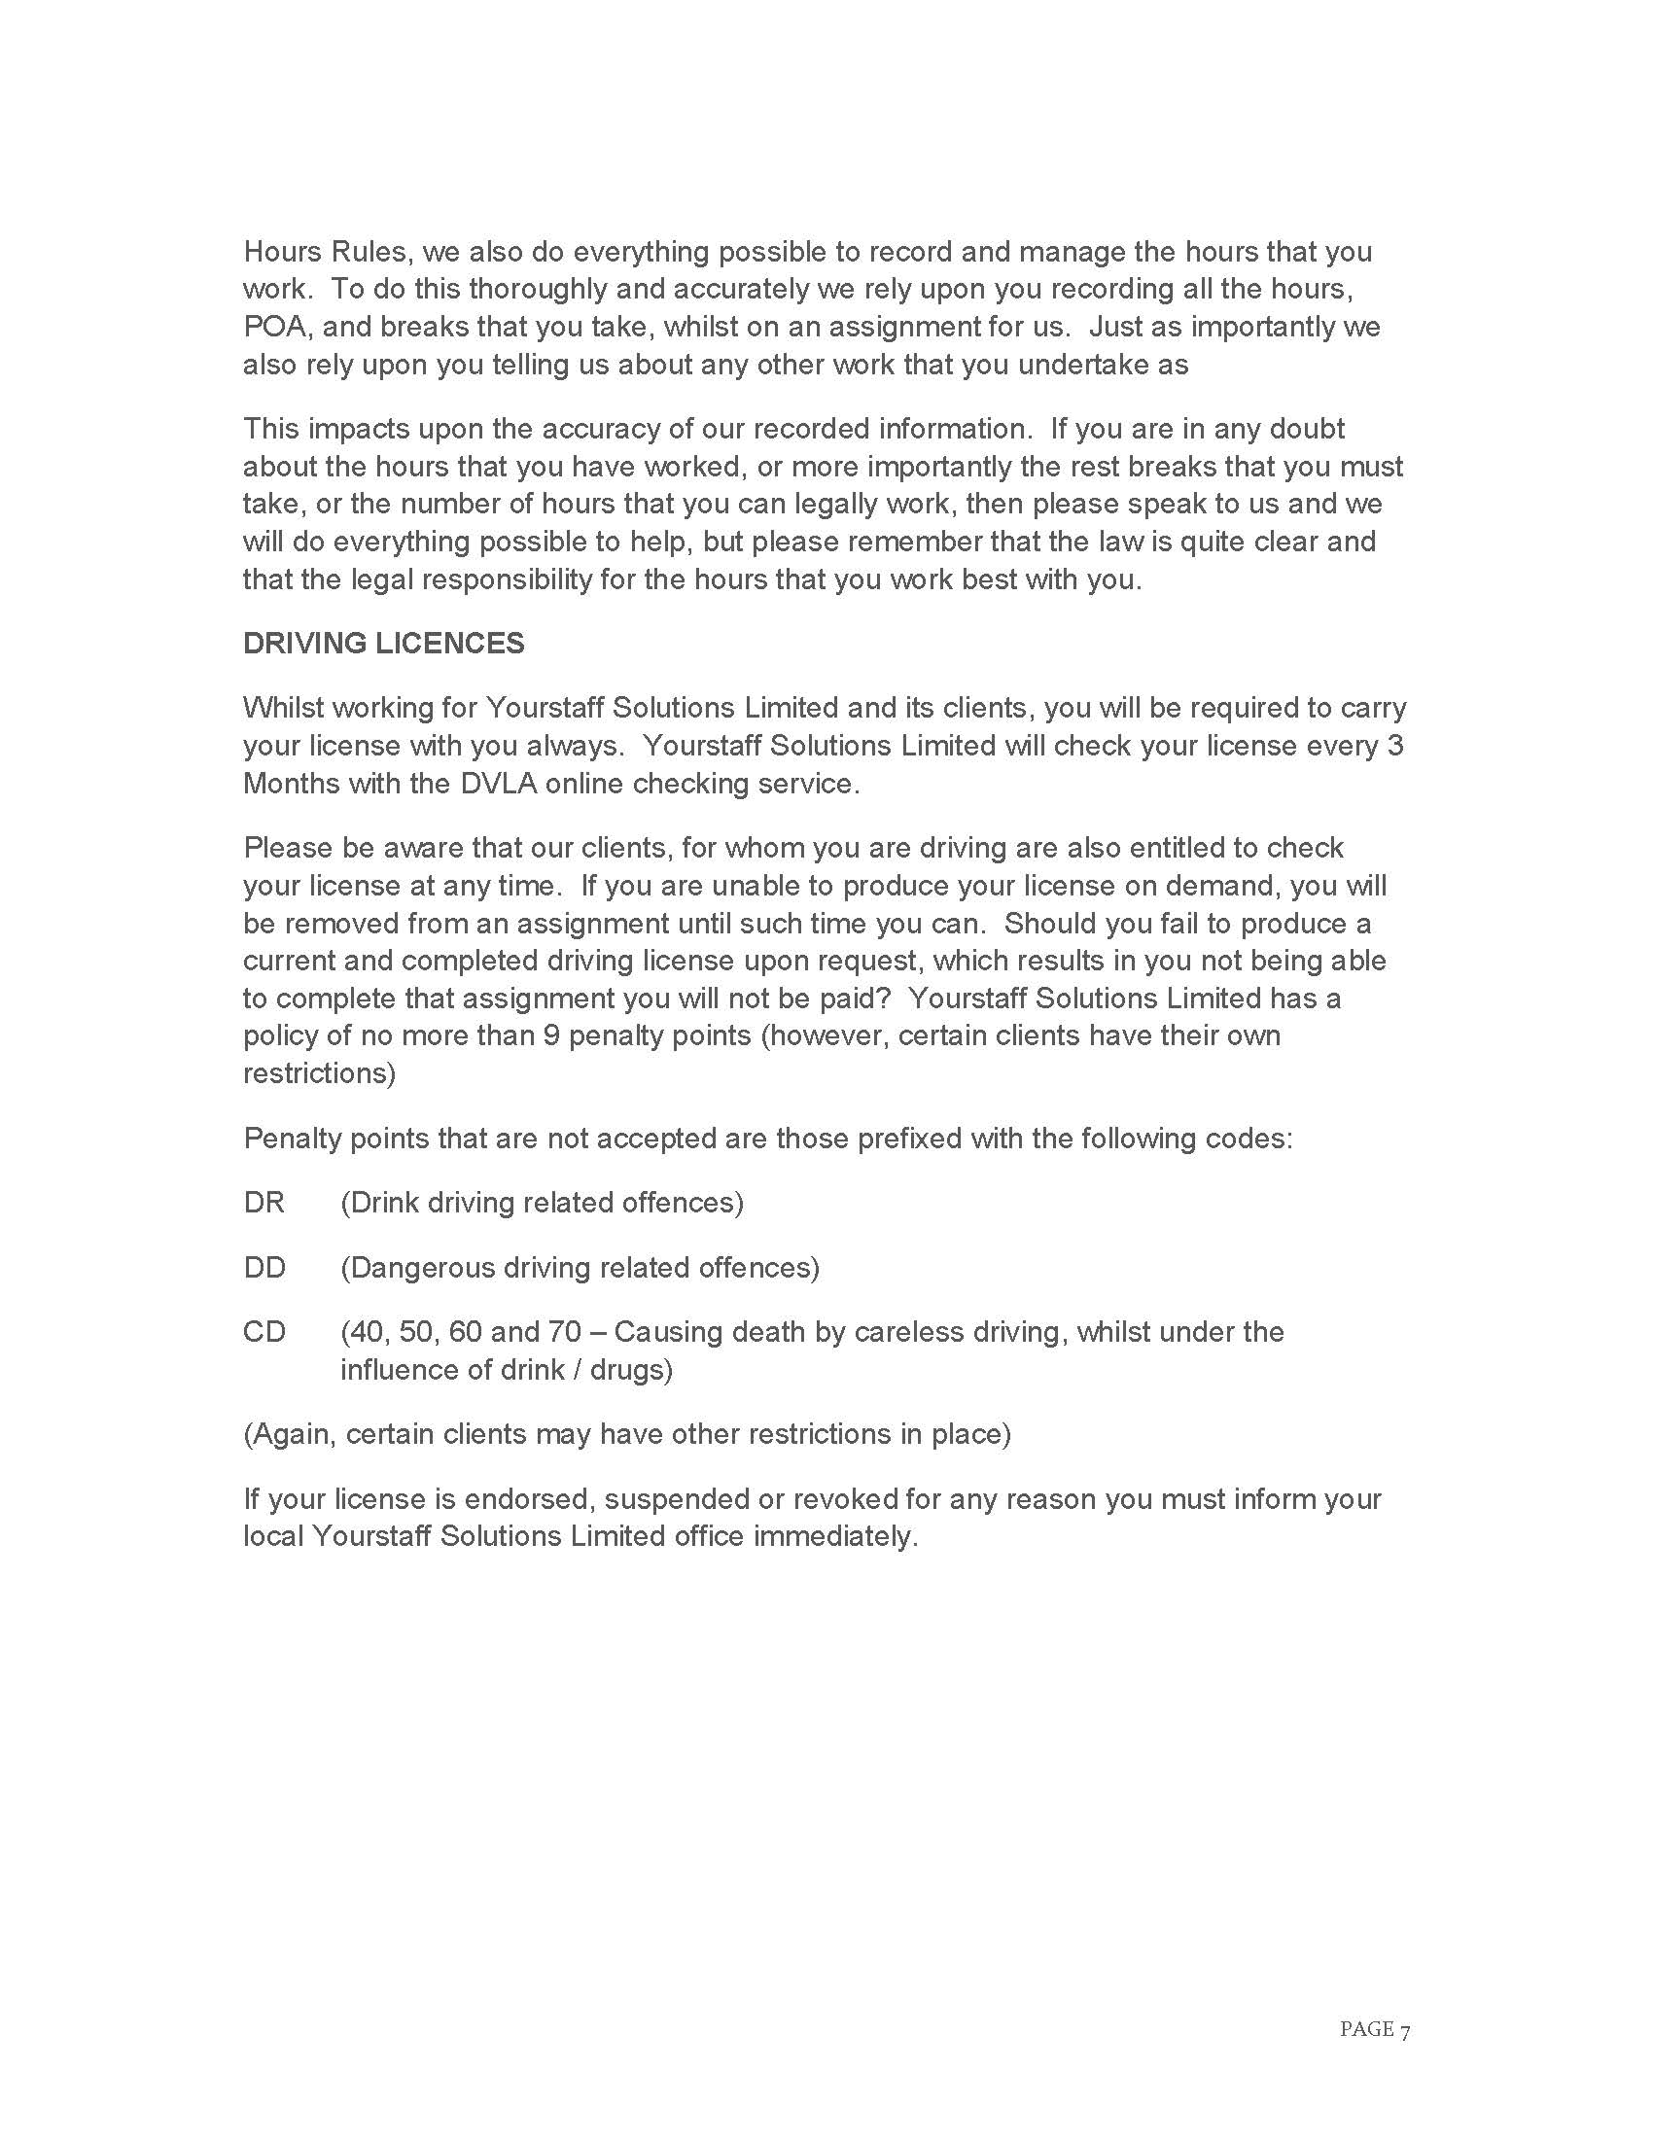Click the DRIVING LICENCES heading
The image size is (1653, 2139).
coord(383,644)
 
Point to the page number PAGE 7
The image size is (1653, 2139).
coord(1375,2030)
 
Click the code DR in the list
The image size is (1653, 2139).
coord(264,1203)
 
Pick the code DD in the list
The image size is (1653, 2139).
coord(264,1267)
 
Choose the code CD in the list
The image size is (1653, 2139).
coord(264,1332)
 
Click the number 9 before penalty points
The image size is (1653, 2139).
coord(550,1035)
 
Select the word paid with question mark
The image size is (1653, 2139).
coord(862,998)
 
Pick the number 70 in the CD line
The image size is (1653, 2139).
coord(564,1332)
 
